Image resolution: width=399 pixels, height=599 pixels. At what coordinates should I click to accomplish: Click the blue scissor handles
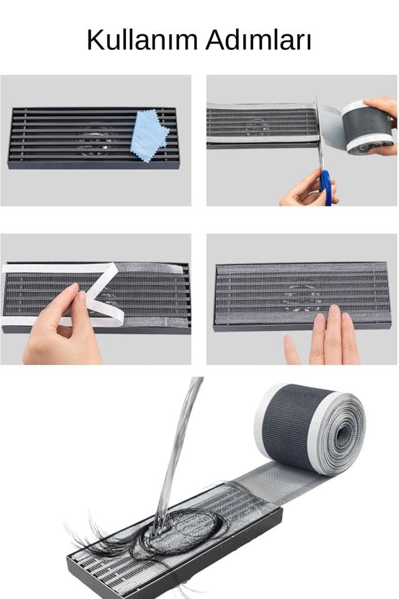325,187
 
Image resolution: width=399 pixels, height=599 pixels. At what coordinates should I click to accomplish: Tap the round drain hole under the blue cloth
97,140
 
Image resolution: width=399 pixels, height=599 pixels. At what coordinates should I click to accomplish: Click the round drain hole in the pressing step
302,298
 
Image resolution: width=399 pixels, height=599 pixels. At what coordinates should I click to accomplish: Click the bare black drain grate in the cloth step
50,137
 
